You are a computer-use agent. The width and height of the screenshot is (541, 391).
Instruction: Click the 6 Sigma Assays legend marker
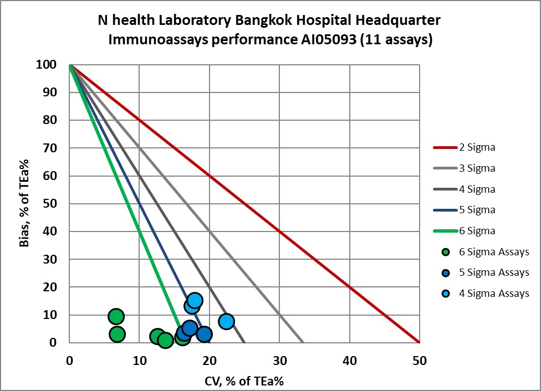tap(445, 252)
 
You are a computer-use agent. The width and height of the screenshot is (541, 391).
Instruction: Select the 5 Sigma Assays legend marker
tap(445, 272)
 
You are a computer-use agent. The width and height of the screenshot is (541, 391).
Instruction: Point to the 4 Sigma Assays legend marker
tap(445, 294)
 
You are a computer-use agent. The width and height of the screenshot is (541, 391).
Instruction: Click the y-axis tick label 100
tap(47, 65)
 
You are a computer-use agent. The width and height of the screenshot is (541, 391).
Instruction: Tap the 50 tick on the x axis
tap(419, 361)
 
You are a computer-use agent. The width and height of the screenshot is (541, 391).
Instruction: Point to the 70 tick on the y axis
tap(50, 148)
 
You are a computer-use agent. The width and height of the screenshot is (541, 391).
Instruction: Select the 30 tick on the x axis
tap(279, 361)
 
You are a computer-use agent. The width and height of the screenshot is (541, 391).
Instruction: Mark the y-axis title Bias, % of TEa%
tap(25, 203)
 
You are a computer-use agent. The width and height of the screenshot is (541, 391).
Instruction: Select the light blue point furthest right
tap(226, 321)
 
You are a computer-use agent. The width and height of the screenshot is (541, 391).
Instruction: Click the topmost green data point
tap(116, 316)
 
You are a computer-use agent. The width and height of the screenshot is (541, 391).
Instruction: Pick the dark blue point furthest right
tap(204, 334)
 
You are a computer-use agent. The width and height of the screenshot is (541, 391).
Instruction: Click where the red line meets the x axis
tap(419, 342)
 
